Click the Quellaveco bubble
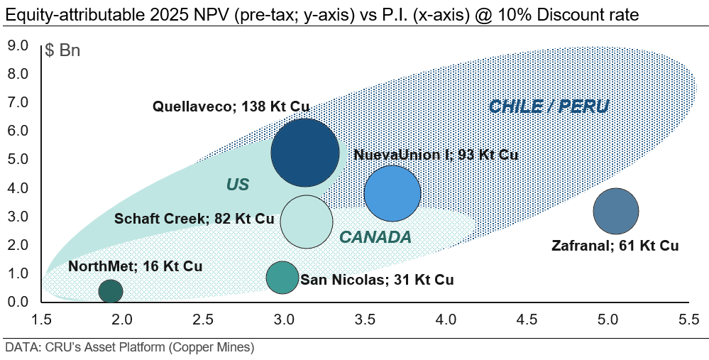tap(305, 153)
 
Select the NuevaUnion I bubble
tap(392, 192)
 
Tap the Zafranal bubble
tap(615, 211)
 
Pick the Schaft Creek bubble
tap(307, 221)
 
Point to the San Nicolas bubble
tap(282, 278)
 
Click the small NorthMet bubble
tap(110, 290)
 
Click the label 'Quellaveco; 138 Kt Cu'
tap(231, 107)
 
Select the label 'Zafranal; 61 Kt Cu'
tap(615, 246)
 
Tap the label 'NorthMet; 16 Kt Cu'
tap(136, 267)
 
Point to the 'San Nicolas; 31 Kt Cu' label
tap(377, 280)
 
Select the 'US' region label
tap(238, 185)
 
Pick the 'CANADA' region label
tap(375, 237)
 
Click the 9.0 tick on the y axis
tap(17, 46)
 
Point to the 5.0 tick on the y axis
tap(17, 160)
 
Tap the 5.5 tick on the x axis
tap(688, 320)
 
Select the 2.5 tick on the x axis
tap(204, 320)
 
